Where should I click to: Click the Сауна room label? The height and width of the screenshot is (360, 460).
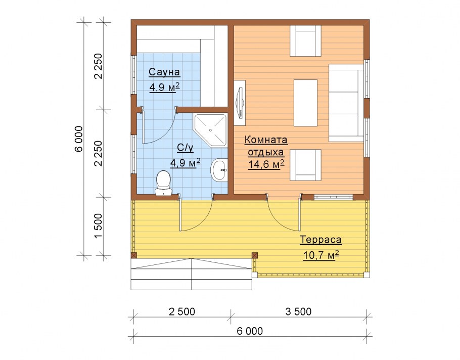coord(164,72)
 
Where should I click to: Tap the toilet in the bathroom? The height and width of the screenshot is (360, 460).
coord(163,184)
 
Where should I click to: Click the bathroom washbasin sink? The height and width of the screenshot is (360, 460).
coord(219,170)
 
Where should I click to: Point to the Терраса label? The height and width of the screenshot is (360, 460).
coord(320,240)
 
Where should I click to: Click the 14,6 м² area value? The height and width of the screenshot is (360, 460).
coord(266,164)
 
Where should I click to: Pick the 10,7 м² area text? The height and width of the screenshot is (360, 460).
coord(320,255)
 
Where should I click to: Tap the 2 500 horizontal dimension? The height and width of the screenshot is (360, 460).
coord(182,311)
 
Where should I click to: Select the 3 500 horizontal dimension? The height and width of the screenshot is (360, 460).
coord(298,311)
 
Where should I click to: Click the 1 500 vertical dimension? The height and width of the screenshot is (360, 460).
coord(99,226)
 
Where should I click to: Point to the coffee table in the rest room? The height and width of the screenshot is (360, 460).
coord(305,103)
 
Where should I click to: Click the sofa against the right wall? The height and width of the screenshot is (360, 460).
coord(346,103)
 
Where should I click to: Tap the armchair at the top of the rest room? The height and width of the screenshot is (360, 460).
coord(305,41)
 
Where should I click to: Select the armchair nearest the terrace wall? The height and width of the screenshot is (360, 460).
coord(305,165)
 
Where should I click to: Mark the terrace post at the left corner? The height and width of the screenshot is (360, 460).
coord(134,255)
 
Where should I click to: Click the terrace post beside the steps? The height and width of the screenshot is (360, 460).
coord(255,255)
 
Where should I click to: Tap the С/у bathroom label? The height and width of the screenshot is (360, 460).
coord(186,148)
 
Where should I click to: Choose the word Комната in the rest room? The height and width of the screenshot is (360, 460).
coord(266,140)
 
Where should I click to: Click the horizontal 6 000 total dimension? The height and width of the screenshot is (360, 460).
coord(250,331)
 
